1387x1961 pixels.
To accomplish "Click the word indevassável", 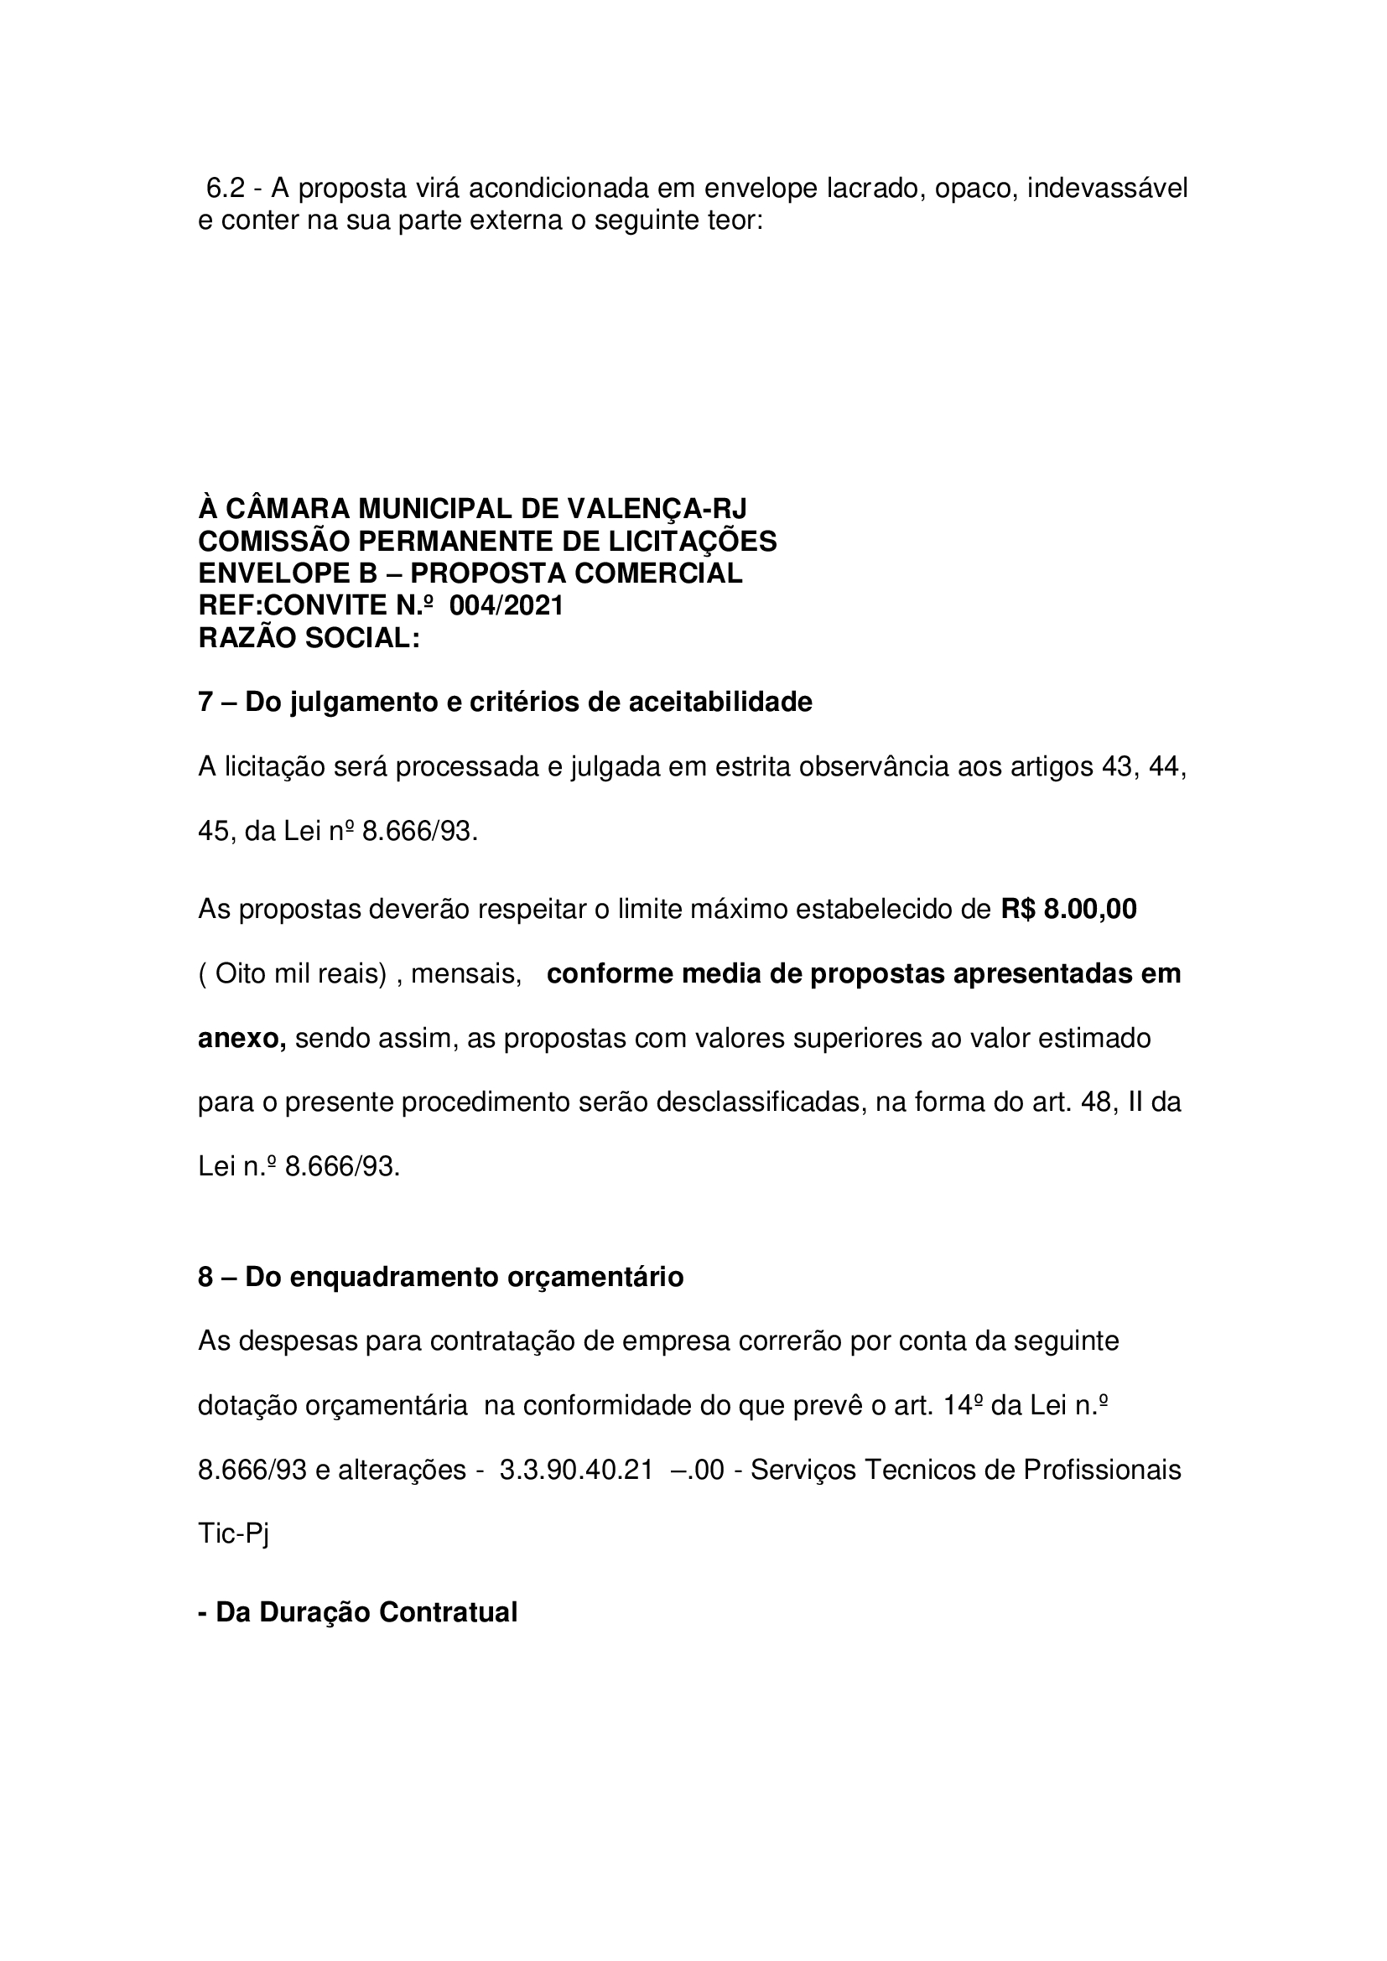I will point(1107,188).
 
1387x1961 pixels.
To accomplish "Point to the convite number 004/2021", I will point(506,605).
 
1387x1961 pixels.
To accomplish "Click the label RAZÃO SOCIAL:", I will point(309,638).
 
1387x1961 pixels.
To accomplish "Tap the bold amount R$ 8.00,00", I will point(1068,910).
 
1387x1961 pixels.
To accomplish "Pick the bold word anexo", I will point(242,1039).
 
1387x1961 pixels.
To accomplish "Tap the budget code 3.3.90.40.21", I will point(576,1470).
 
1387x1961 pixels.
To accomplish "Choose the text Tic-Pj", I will point(233,1535).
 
